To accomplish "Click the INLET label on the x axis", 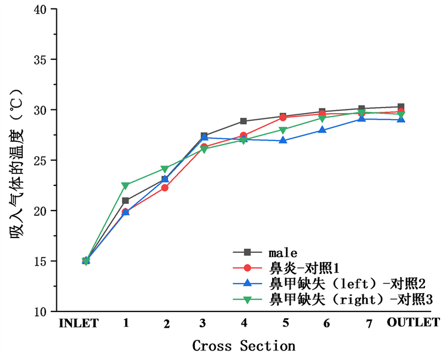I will tap(78, 324).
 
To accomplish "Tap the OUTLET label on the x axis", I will tap(413, 322).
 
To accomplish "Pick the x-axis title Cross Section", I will tap(243, 346).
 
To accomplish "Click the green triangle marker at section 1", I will tap(126, 186).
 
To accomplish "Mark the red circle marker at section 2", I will tap(165, 188).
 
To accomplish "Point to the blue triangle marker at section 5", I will tap(283, 141).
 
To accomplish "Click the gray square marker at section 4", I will tap(243, 121).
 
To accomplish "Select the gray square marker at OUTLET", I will tap(401, 107).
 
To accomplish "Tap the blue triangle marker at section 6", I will tap(322, 130).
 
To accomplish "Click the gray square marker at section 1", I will tap(126, 201).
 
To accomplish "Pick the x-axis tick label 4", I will tap(244, 323).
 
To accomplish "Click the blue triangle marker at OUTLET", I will tap(401, 119).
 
